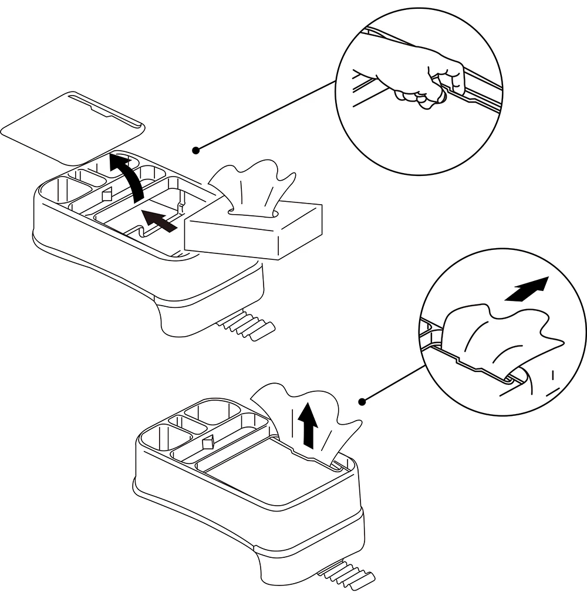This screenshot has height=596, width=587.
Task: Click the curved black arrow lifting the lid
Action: click(x=130, y=176)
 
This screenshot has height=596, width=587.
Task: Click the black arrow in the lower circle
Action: click(x=527, y=289)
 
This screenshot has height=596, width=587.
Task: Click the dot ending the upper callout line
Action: click(x=197, y=150)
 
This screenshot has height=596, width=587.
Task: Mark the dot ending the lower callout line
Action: click(x=363, y=402)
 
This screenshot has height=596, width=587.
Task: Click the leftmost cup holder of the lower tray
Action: click(x=166, y=439)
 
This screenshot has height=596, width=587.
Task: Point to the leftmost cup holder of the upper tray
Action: click(x=65, y=191)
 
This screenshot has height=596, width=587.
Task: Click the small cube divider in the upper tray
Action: click(x=107, y=194)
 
